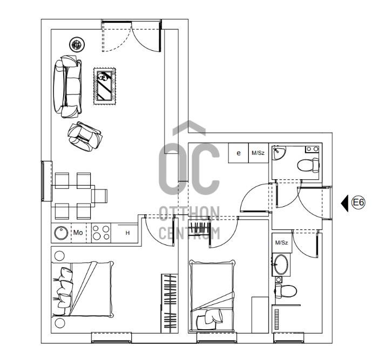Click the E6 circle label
[x=358, y=202]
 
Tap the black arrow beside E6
[x=345, y=203]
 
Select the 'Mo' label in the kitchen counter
[x=78, y=233]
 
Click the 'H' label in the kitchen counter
[x=127, y=233]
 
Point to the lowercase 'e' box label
[x=239, y=153]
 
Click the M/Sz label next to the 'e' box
[x=258, y=153]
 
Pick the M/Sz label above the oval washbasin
[x=282, y=242]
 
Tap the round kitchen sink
[x=61, y=233]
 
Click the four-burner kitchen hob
[x=101, y=233]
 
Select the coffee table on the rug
[x=104, y=86]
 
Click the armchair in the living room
[x=85, y=137]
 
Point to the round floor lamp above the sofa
[x=77, y=44]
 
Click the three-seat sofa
[x=67, y=86]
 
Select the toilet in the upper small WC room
[x=308, y=165]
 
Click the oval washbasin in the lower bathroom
[x=281, y=264]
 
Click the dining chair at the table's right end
[x=99, y=196]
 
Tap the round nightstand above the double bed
[x=60, y=256]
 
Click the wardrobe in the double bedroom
[x=170, y=303]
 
